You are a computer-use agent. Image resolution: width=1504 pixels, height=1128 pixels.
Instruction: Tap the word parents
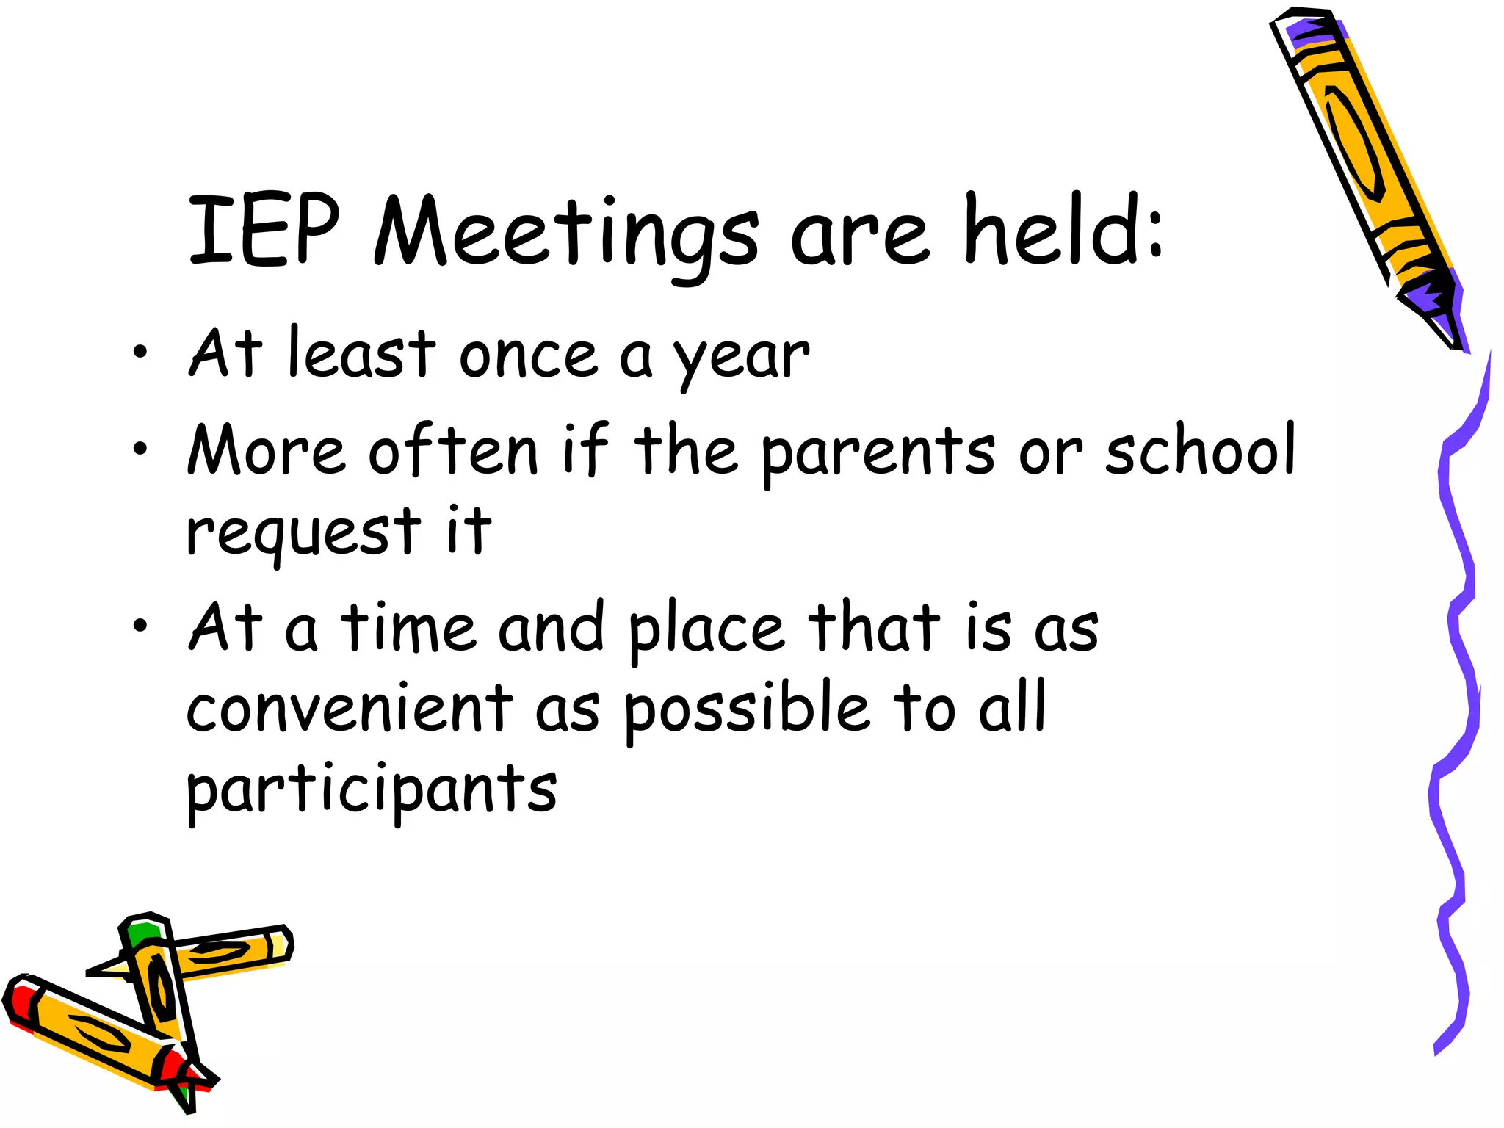pos(878,453)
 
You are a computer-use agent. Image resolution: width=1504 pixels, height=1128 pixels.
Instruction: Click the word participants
pos(372,792)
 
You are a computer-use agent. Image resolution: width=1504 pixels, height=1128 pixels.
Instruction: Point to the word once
pos(528,356)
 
